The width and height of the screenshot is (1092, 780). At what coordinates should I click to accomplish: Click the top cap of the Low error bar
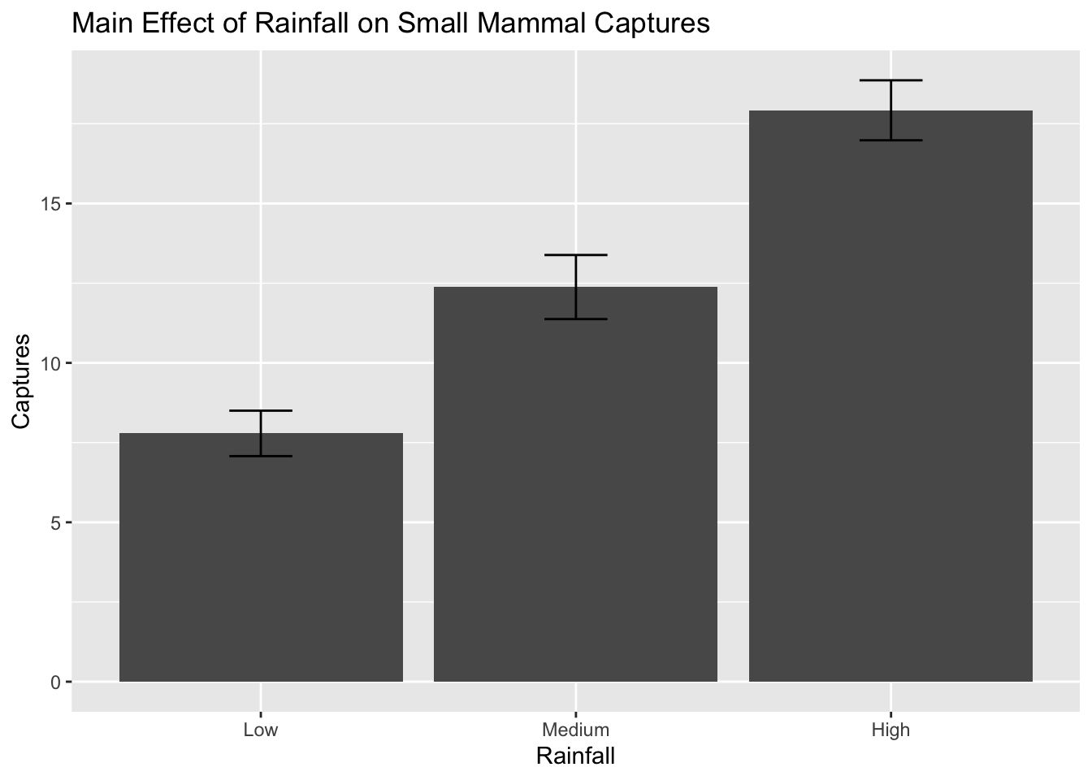point(261,411)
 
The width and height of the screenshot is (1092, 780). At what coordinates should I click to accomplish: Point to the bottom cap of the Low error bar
point(261,457)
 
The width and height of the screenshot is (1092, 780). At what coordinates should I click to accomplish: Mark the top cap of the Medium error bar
point(575,255)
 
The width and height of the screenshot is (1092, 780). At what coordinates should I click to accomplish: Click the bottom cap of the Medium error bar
point(575,318)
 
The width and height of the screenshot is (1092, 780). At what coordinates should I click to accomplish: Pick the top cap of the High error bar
point(890,80)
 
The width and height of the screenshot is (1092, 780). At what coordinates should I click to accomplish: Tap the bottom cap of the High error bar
point(890,141)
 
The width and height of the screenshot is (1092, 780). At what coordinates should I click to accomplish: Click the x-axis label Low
point(261,730)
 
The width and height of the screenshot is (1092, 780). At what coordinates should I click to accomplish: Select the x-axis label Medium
point(575,730)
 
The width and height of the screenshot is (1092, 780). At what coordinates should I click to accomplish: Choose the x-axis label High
point(890,730)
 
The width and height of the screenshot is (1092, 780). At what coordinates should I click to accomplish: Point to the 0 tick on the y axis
point(56,682)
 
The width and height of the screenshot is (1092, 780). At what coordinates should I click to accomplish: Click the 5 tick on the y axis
point(56,522)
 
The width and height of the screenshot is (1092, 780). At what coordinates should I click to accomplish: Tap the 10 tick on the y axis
point(52,363)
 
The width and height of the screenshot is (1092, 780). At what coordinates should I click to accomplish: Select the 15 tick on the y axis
point(52,204)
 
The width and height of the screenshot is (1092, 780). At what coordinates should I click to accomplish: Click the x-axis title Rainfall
point(575,756)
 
